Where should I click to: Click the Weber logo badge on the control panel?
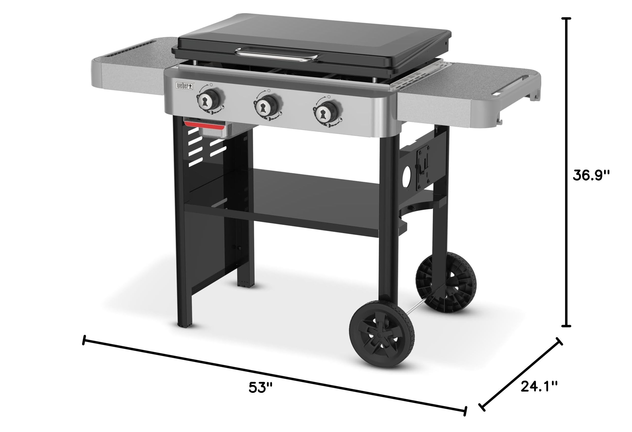(185, 86)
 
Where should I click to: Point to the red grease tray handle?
(204, 125)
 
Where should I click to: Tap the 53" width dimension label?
(260, 388)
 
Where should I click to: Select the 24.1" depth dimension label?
(539, 386)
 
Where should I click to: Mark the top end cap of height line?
(566, 18)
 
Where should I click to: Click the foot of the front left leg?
(185, 324)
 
